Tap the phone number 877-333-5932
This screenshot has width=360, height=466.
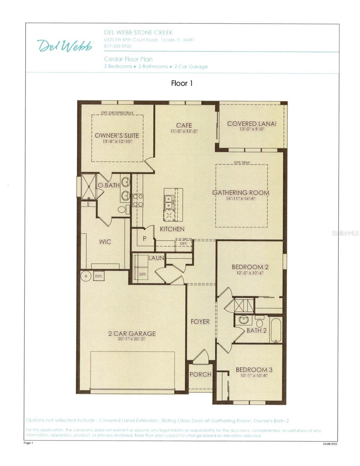(x=118, y=46)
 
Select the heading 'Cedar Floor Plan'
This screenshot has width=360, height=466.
(x=128, y=59)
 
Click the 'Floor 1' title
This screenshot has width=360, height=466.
(x=182, y=83)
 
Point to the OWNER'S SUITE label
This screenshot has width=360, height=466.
(x=117, y=136)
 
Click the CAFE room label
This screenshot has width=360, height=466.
(x=184, y=125)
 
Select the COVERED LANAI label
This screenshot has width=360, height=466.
(x=252, y=123)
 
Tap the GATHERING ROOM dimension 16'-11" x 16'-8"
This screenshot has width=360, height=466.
(x=240, y=198)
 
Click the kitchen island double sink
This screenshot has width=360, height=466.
(x=169, y=202)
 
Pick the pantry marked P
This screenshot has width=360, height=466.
(x=144, y=239)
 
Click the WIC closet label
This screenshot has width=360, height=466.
(x=105, y=242)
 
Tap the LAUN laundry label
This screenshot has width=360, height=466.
(x=156, y=257)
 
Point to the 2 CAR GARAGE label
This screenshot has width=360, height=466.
(x=132, y=334)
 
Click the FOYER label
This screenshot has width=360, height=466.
(x=200, y=322)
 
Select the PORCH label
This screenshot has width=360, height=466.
(x=200, y=374)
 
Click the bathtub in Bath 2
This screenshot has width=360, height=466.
(x=276, y=330)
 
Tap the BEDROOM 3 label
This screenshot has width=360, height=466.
(x=252, y=370)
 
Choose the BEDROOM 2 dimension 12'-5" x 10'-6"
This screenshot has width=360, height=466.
(x=250, y=273)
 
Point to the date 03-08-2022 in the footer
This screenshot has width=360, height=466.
(x=330, y=443)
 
